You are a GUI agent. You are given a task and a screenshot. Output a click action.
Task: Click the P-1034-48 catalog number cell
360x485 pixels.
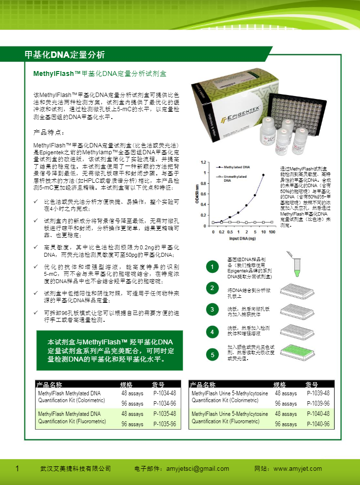[x=165, y=393]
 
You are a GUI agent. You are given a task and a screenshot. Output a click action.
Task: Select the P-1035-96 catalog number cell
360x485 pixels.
[x=165, y=424]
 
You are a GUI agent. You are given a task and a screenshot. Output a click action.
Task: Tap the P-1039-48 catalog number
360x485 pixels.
[x=318, y=393]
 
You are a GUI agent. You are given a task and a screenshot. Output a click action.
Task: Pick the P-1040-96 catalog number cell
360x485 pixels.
[x=318, y=424]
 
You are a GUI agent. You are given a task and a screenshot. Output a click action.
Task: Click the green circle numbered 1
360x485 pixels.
[x=212, y=267]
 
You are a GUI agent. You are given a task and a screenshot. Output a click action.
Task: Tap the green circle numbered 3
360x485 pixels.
[x=212, y=310]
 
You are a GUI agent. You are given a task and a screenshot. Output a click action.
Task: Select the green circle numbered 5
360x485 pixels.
[x=212, y=354]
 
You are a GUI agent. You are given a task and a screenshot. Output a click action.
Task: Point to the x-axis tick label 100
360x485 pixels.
[x=272, y=231]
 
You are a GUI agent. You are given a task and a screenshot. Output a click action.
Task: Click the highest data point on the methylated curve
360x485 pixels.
[x=264, y=175]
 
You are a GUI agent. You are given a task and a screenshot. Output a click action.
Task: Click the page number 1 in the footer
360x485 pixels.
[x=18, y=469]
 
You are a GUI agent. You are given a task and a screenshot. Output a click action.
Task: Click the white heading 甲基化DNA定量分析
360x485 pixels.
[x=64, y=54]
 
